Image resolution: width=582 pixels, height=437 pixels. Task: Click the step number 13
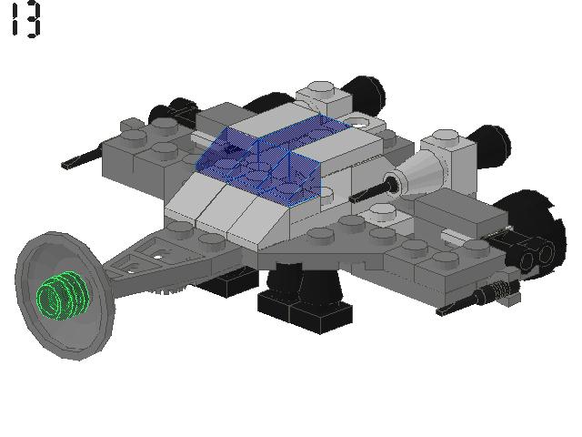[25, 19]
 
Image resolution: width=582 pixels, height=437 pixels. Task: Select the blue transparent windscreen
[264, 155]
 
